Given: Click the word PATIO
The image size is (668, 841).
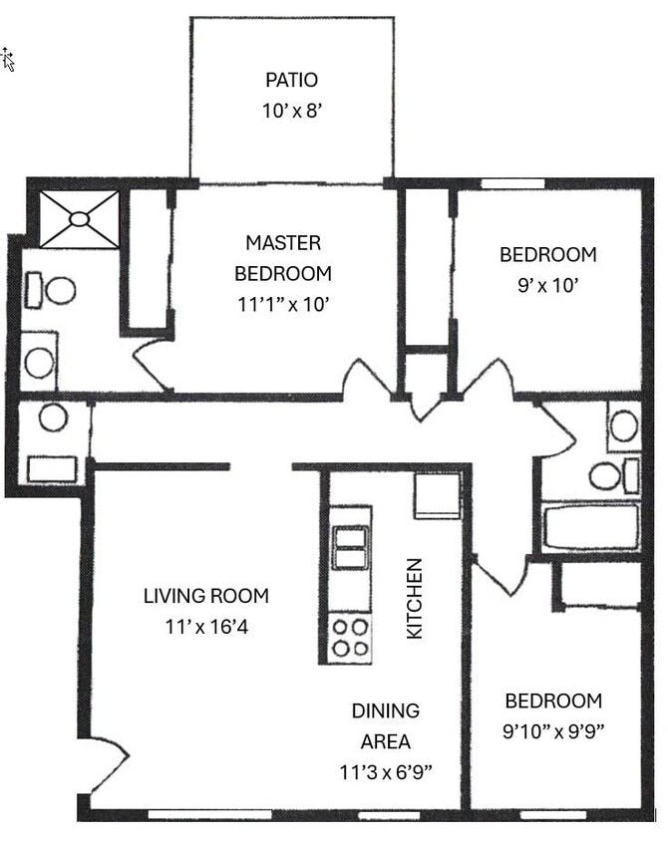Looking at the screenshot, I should [291, 80].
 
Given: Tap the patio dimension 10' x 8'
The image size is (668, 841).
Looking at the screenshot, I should [291, 112].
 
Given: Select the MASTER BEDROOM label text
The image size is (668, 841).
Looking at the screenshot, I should [283, 257].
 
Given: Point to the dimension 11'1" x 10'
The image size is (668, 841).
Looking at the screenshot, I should [283, 304].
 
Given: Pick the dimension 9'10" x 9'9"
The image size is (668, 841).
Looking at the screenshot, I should [552, 731].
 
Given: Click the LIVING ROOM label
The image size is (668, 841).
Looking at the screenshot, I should [205, 596].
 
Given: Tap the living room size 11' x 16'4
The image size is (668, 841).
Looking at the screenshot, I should [205, 628].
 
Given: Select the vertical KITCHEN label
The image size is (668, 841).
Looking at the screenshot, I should [415, 598].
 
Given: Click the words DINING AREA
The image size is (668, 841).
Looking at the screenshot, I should [385, 725].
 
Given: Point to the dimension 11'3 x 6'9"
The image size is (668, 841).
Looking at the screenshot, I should [385, 772].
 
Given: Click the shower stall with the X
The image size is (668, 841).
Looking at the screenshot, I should [79, 219].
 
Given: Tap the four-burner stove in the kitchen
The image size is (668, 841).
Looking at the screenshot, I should [350, 638].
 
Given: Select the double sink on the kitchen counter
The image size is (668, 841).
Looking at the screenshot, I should [350, 548].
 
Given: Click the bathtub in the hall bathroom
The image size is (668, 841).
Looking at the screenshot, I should [591, 527].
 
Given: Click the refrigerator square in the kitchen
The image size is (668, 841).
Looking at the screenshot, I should [437, 495].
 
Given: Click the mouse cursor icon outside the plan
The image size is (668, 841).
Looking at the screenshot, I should [8, 59].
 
